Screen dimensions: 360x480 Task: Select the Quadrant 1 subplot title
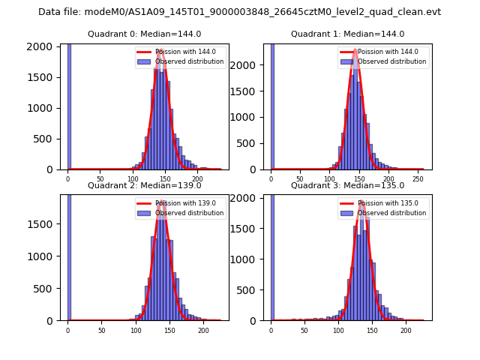(347, 34)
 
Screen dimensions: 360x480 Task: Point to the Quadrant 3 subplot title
(347, 185)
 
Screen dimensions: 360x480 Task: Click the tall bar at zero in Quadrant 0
(69, 105)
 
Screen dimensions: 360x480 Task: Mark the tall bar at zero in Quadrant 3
(272, 255)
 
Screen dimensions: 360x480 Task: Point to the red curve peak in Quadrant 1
(355, 50)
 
